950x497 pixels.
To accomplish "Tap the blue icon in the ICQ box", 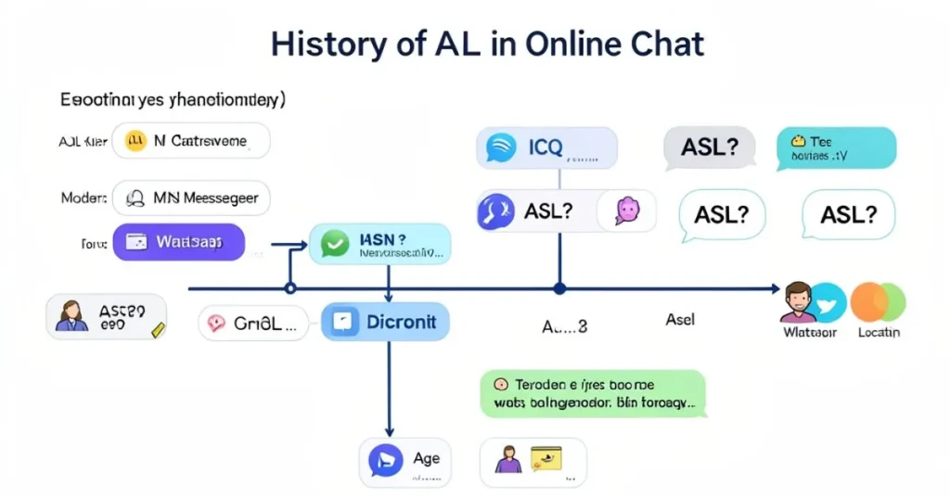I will [x=502, y=148].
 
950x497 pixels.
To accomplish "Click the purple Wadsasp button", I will [x=178, y=242].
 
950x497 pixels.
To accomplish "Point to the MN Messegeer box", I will [x=191, y=198].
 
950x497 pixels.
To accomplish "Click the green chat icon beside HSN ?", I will [x=334, y=244].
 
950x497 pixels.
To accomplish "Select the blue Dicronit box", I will [x=385, y=322].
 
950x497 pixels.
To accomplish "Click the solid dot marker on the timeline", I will [x=558, y=289].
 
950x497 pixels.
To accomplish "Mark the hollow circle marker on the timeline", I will [x=289, y=289].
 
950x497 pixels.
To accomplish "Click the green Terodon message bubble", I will [x=593, y=393].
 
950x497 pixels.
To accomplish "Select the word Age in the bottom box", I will [x=427, y=458].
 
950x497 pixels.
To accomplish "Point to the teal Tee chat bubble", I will [x=836, y=148].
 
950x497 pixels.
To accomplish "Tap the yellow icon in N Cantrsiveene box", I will [x=136, y=141].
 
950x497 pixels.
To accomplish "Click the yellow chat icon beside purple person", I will [x=546, y=458].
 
